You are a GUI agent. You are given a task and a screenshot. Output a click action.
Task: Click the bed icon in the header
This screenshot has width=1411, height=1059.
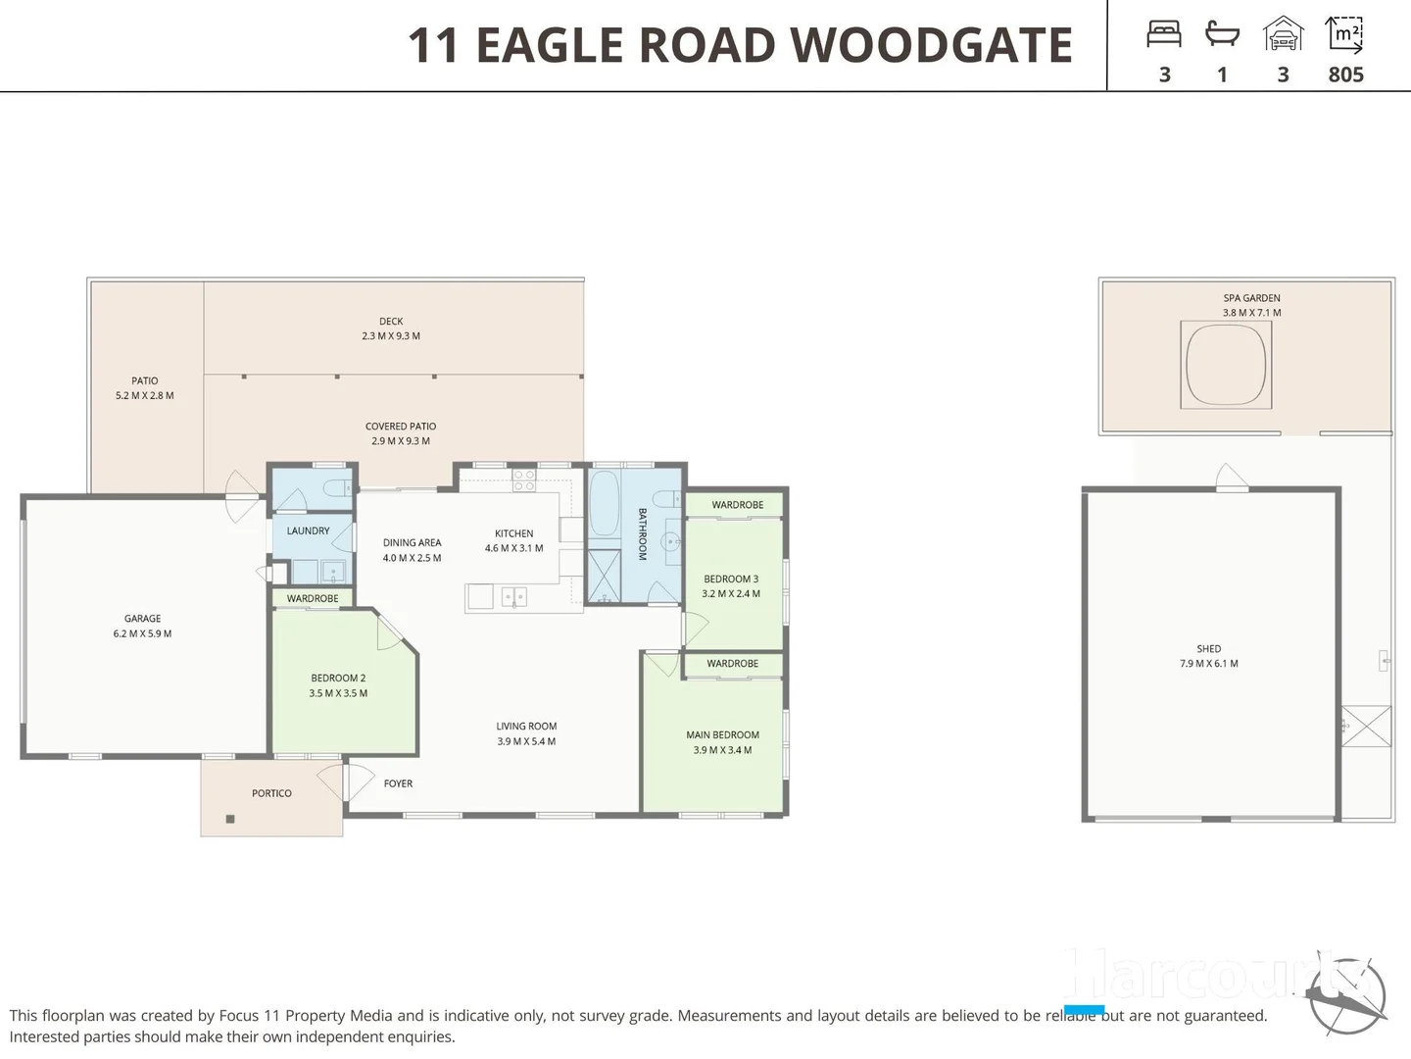tap(1164, 35)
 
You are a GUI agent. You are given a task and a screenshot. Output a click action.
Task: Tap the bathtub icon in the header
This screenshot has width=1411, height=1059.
tap(1222, 35)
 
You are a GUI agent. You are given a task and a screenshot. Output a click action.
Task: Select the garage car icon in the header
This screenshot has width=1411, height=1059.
tap(1283, 34)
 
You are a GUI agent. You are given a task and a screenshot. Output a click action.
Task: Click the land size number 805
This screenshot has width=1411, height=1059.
tap(1345, 75)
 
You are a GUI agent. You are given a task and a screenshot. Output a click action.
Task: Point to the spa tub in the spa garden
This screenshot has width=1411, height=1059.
tap(1226, 365)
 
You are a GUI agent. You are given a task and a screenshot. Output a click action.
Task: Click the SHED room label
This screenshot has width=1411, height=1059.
tap(1208, 649)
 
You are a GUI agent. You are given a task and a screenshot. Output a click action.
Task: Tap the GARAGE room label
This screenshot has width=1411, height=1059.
tap(142, 619)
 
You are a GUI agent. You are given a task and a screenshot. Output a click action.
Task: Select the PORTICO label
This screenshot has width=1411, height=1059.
tap(271, 793)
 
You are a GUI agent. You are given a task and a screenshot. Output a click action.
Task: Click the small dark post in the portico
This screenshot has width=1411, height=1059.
tap(230, 819)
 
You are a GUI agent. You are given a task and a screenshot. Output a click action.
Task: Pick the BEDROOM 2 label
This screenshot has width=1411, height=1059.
tap(338, 679)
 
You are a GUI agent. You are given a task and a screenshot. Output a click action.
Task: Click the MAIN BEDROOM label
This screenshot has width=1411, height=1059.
tap(722, 735)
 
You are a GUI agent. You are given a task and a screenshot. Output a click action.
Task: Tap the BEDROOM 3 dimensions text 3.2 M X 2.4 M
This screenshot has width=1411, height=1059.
tap(730, 594)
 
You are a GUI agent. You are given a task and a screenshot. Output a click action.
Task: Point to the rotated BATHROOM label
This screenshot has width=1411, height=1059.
tap(643, 534)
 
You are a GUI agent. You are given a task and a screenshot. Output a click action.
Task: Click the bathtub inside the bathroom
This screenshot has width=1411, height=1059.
tap(604, 503)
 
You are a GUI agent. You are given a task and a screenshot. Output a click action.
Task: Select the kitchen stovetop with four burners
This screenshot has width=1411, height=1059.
tap(524, 479)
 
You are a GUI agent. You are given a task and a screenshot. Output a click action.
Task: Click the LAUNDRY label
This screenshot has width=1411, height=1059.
tap(308, 531)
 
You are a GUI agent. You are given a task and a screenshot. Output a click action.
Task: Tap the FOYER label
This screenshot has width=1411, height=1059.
tap(398, 783)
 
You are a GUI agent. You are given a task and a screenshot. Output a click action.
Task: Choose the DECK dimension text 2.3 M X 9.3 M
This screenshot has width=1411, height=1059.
tap(391, 336)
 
